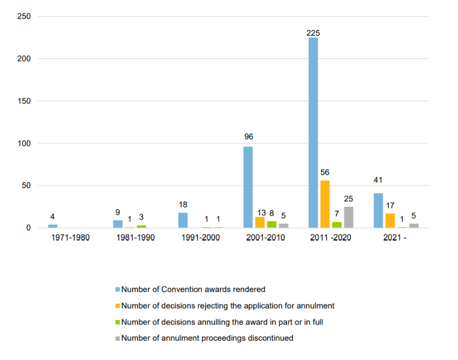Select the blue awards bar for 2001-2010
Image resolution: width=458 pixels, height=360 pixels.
coord(248,187)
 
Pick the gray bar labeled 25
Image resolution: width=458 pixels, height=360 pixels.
coord(349,217)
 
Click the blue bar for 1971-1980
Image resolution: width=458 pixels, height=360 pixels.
coord(52,226)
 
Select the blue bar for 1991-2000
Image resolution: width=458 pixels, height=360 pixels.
coord(183,220)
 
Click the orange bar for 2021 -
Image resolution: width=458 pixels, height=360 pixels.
coord(390,221)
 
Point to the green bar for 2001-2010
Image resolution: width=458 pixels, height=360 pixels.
coord(272,224)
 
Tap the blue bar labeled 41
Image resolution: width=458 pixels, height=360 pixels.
coord(378,211)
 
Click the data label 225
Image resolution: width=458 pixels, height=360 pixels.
coord(313,33)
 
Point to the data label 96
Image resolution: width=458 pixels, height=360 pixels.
coord(248,137)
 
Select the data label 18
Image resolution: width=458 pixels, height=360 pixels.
coord(183,205)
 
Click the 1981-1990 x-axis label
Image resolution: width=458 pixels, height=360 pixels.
coord(136,238)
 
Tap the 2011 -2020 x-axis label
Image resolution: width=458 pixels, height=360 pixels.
coord(331,238)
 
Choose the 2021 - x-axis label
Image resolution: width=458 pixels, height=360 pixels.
coord(395,238)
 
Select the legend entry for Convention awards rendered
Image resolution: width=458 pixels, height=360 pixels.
coord(193,289)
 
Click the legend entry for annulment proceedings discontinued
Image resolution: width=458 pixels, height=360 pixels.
coord(207,338)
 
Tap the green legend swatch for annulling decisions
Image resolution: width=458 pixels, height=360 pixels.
coord(118,322)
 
